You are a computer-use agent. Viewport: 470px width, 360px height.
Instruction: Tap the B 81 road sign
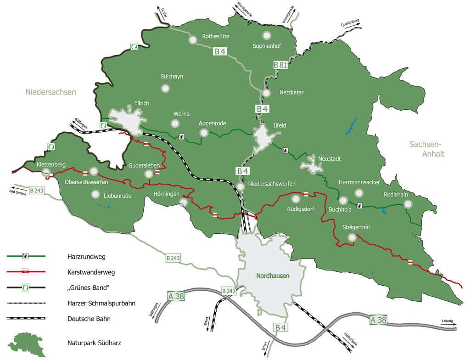[280, 65]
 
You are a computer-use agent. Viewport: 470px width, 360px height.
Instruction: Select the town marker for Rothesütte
[192, 40]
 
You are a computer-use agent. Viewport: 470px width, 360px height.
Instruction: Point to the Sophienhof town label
[267, 46]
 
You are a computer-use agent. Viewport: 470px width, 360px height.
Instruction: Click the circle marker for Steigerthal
[352, 237]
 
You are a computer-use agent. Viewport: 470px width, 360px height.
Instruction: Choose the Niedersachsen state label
[50, 92]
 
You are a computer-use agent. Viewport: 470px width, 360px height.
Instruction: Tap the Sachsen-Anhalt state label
[427, 149]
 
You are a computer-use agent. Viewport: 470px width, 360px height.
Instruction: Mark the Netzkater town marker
[267, 93]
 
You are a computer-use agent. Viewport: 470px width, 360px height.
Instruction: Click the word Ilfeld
[280, 125]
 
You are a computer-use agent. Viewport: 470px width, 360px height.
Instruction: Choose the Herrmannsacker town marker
[359, 193]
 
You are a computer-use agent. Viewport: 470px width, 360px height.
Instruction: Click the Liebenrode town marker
[95, 194]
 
